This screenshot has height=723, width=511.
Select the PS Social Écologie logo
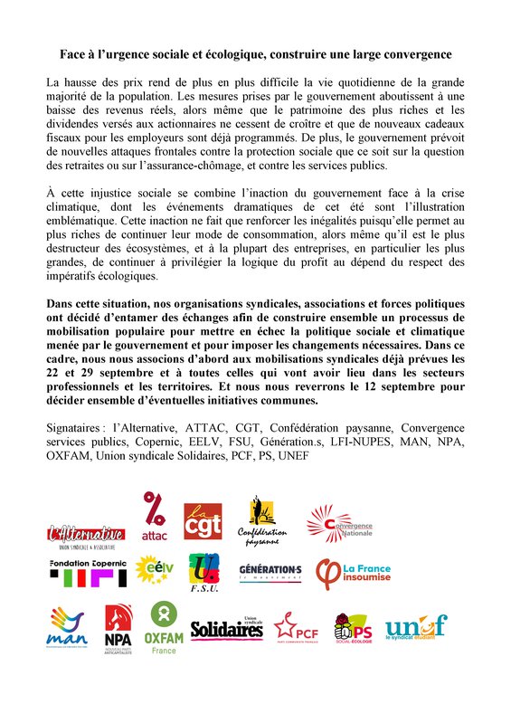point(353,627)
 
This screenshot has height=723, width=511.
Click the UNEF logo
point(415,627)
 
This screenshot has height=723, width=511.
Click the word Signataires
point(76,426)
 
